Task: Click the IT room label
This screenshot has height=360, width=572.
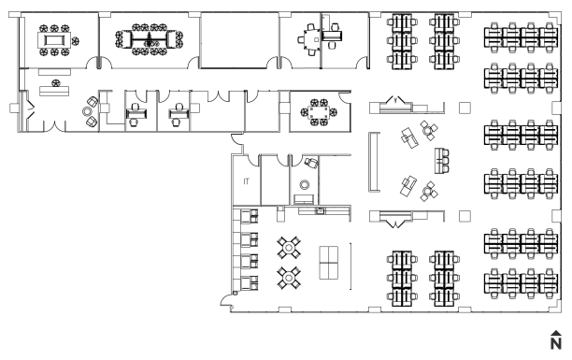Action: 246,181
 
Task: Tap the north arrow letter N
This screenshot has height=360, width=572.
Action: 555,343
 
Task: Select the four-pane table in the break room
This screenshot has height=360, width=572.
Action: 329,263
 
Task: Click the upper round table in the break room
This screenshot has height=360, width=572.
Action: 289,248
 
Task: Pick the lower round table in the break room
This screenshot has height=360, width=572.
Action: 289,279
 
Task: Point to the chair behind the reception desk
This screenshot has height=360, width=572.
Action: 55,83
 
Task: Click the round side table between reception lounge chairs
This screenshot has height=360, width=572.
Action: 87,111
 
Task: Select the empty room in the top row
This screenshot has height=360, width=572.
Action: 239,40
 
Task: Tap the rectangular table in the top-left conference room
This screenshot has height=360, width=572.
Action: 53,39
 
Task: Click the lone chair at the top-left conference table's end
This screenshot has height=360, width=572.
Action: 76,41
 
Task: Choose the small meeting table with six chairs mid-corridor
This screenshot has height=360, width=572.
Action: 319,112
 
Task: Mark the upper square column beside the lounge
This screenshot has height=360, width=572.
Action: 465,108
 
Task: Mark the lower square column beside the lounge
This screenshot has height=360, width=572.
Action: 465,216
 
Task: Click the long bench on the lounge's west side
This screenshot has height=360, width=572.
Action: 373,162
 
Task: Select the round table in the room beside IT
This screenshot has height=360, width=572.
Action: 305,185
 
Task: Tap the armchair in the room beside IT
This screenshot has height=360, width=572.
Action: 311,162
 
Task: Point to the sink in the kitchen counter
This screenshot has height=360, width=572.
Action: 321,210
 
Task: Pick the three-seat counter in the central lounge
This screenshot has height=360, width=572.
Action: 441,161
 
